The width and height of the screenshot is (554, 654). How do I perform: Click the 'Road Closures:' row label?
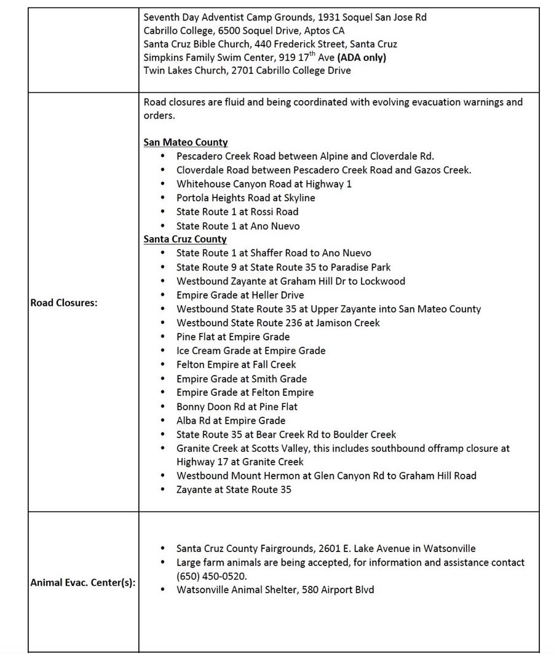point(63,302)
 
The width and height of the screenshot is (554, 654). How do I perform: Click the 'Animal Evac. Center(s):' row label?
point(83,583)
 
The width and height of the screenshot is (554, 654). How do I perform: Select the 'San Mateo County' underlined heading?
point(186,142)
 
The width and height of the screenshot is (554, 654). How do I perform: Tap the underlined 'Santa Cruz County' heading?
point(185,239)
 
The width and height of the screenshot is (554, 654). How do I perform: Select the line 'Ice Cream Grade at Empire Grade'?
point(251,350)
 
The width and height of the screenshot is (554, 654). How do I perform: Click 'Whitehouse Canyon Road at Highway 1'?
point(264,184)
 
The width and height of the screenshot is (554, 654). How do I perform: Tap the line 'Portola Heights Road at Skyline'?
point(245,198)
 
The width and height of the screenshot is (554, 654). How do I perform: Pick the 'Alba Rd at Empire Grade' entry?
point(231,420)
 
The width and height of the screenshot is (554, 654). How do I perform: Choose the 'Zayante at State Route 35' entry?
point(234,489)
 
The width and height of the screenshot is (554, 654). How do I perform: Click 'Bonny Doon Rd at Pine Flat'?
point(237,406)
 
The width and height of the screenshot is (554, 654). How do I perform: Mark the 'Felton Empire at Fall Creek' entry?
point(236,364)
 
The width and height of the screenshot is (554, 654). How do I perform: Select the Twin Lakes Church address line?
point(247,71)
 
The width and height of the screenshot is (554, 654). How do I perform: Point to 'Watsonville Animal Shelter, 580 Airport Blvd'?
point(275,589)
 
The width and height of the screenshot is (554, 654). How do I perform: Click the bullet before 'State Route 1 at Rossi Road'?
point(162,212)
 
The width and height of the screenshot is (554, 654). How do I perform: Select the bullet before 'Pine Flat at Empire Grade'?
point(162,337)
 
